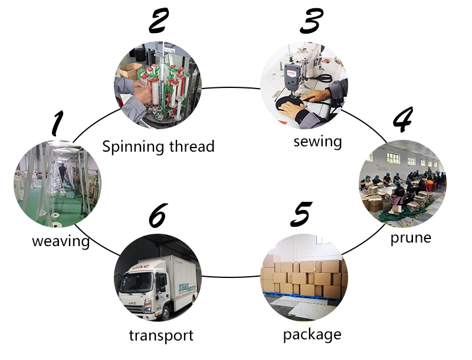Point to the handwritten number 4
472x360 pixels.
pyautogui.click(x=402, y=121)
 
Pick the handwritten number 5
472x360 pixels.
pyautogui.click(x=301, y=215)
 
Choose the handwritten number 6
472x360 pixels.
pyautogui.click(x=158, y=216)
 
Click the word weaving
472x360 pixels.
pyautogui.click(x=61, y=241)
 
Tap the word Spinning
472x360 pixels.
pyautogui.click(x=131, y=146)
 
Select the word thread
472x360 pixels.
pyautogui.click(x=188, y=146)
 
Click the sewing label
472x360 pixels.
pyautogui.click(x=318, y=142)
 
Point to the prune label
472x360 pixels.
pyautogui.click(x=411, y=238)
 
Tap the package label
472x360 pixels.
pyautogui.click(x=312, y=335)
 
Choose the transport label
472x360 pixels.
pyautogui.click(x=161, y=336)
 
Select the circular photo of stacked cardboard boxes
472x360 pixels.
pyautogui.click(x=303, y=277)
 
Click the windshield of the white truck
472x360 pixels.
pyautogui.click(x=135, y=277)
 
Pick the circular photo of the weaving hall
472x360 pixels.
pyautogui.click(x=57, y=183)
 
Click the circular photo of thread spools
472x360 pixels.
pyautogui.click(x=157, y=84)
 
